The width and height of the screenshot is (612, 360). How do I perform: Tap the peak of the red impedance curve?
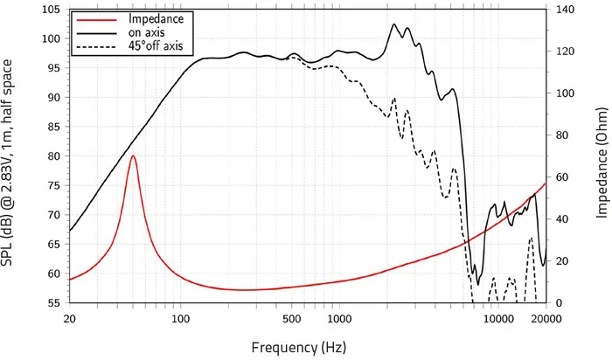point(133,156)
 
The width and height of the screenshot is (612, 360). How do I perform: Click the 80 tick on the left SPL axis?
point(53,156)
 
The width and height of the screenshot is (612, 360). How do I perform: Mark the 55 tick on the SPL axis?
point(53,303)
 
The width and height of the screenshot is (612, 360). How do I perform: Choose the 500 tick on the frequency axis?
point(291,321)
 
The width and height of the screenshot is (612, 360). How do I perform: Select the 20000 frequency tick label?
point(544,321)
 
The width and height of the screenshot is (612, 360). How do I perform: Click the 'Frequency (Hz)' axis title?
point(298,347)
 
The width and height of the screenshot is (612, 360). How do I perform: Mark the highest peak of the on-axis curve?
point(394,24)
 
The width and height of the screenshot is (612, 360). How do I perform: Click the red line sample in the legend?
point(94,18)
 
